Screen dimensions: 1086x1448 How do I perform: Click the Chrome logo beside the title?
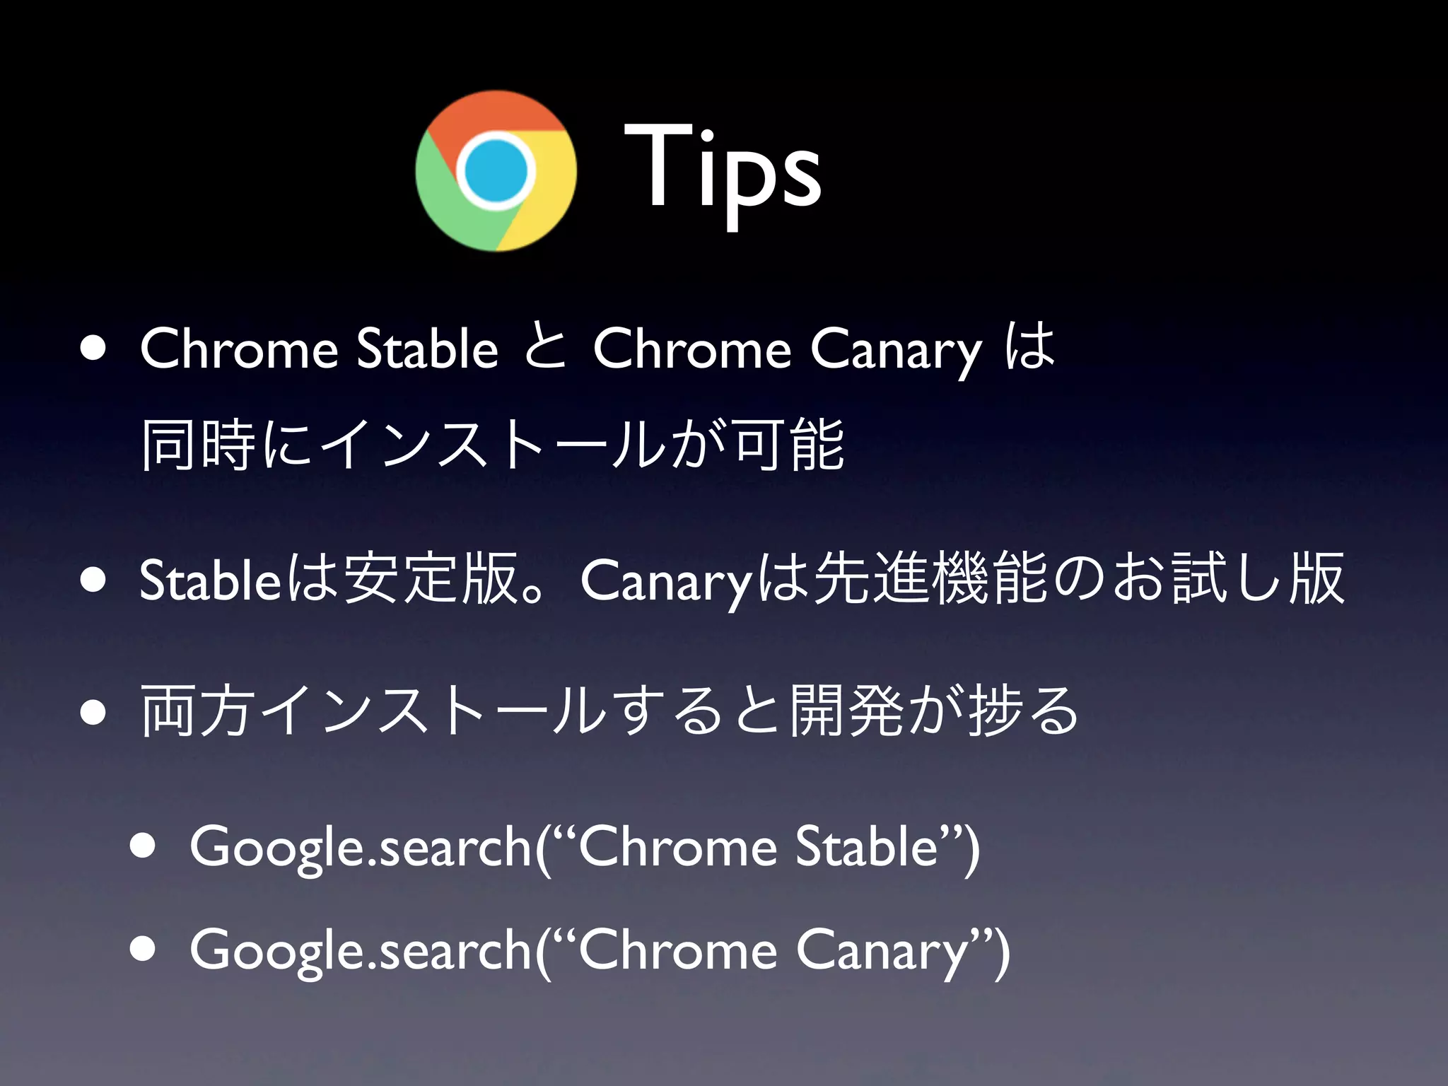pyautogui.click(x=496, y=171)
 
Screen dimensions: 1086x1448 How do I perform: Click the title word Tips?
pyautogui.click(x=722, y=170)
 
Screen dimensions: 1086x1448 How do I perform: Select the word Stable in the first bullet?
pyautogui.click(x=427, y=349)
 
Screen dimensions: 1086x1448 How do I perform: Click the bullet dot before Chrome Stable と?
pyautogui.click(x=93, y=349)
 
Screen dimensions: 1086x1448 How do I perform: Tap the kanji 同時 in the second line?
pyautogui.click(x=199, y=445)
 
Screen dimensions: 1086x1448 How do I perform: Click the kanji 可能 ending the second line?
pyautogui.click(x=790, y=445)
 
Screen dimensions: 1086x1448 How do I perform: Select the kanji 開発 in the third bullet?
pyautogui.click(x=846, y=711)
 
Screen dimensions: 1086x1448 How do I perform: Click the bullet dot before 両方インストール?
pyautogui.click(x=93, y=711)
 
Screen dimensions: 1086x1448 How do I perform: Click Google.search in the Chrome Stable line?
pyautogui.click(x=361, y=847)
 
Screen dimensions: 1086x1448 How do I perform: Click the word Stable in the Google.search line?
pyautogui.click(x=866, y=846)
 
